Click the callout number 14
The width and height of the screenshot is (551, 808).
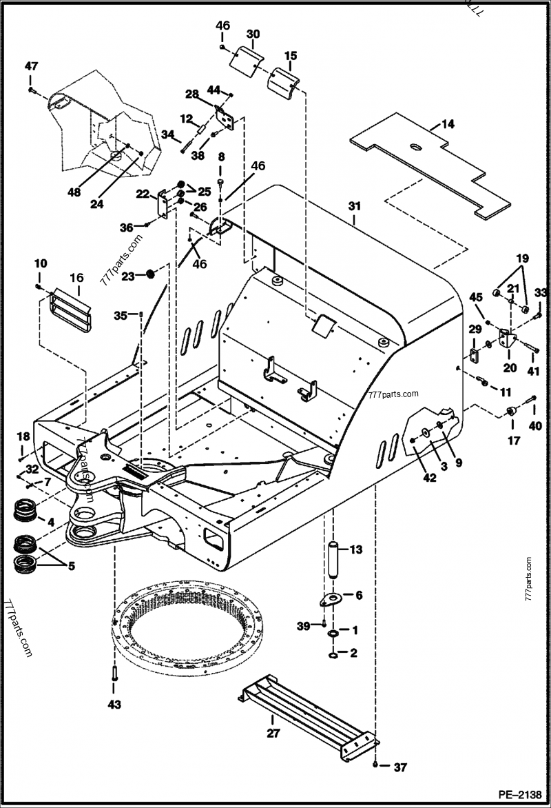tap(448, 124)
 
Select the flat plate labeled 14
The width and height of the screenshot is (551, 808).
tap(427, 165)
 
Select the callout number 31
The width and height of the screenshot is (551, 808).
tap(354, 206)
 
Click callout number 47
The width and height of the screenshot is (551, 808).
tap(32, 66)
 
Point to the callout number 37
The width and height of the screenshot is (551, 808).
tap(400, 767)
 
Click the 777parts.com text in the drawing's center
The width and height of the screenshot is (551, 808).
tap(394, 395)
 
